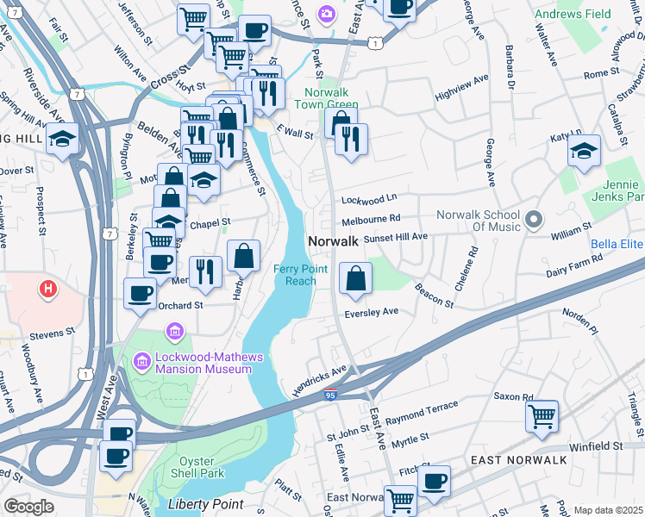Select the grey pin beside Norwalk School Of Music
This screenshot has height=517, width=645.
533,220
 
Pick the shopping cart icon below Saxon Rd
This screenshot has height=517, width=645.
542,416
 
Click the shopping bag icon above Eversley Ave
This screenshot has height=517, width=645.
355,277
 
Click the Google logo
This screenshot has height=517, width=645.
28,507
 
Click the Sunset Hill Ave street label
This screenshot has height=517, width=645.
395,237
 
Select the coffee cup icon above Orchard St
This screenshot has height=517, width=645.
140,293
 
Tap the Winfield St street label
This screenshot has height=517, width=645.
595,446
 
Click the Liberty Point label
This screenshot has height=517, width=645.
206,503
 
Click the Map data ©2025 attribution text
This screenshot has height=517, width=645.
608,510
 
